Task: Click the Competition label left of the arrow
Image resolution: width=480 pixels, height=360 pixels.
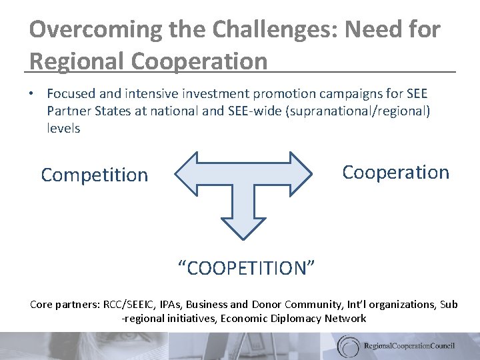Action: tap(94, 175)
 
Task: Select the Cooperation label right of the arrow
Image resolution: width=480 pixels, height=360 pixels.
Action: tap(395, 172)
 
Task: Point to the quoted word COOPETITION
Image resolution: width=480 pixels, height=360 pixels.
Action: tap(246, 268)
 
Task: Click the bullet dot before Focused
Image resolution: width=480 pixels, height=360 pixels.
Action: tap(33, 95)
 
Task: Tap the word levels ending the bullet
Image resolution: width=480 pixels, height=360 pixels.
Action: tap(63, 128)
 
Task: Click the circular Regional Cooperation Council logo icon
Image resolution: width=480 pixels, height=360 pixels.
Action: tap(349, 345)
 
